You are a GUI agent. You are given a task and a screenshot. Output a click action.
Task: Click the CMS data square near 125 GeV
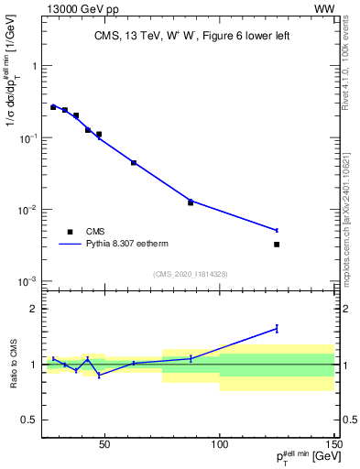coord(277,245)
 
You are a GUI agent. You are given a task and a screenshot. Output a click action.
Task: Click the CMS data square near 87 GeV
coord(191,202)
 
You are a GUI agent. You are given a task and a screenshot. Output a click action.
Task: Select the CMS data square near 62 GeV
coord(134,163)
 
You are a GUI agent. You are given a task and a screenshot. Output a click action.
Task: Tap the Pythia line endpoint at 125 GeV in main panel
coord(277,230)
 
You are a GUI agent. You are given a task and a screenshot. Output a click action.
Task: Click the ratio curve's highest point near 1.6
coord(277,328)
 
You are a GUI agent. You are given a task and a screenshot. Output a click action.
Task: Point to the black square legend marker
coord(70,232)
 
